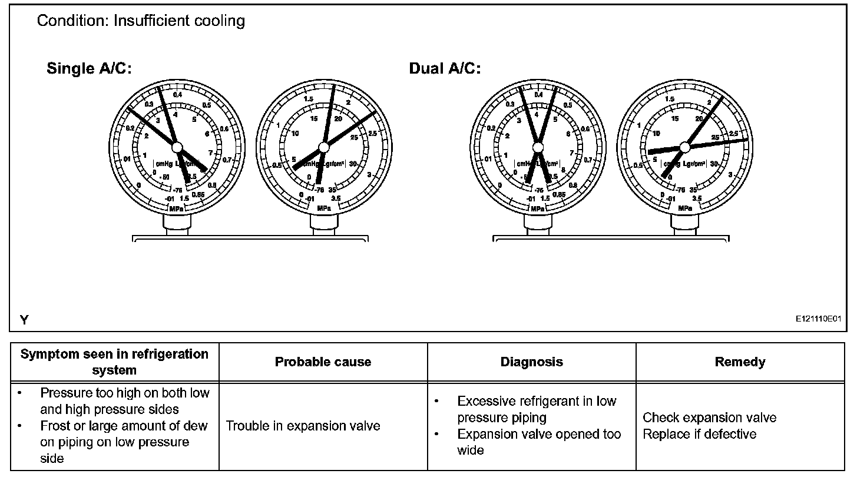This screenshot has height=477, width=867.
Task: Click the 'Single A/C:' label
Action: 89,69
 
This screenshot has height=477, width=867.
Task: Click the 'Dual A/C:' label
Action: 445,69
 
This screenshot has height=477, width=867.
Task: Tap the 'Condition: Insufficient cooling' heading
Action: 141,21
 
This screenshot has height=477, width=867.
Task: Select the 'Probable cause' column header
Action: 323,362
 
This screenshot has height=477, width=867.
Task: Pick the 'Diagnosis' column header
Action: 531,362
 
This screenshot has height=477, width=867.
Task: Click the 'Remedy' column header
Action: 740,362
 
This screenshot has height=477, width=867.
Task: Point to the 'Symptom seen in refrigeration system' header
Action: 115,362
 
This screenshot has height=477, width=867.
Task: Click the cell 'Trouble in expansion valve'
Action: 303,426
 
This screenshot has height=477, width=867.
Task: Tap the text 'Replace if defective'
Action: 699,435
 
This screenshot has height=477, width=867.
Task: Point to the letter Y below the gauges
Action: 24,320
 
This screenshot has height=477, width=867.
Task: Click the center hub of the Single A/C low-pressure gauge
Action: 177,146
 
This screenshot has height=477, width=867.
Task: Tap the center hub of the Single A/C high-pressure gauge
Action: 323,146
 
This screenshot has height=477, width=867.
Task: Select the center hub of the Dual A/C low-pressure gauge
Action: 537,146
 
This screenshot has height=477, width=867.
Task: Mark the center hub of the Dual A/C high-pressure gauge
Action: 684,146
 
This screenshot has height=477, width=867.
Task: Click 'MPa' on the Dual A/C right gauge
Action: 685,208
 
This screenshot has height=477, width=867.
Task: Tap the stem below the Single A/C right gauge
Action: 323,224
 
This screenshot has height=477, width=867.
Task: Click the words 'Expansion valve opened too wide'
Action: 538,442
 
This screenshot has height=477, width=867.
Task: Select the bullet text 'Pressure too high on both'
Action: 124,393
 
